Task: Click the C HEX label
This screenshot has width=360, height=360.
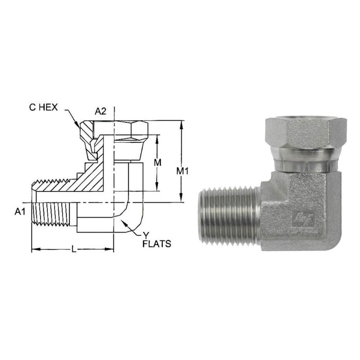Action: [x=43, y=107]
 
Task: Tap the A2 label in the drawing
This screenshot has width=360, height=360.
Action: [x=100, y=111]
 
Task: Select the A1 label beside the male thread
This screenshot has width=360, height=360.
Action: [x=20, y=211]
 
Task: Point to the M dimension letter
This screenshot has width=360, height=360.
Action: [x=157, y=162]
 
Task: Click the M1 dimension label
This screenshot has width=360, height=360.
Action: [x=182, y=171]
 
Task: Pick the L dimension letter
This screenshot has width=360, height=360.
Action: [x=74, y=249]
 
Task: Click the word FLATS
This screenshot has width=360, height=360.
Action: [x=157, y=243]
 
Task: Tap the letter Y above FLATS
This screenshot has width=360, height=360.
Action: [x=146, y=235]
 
